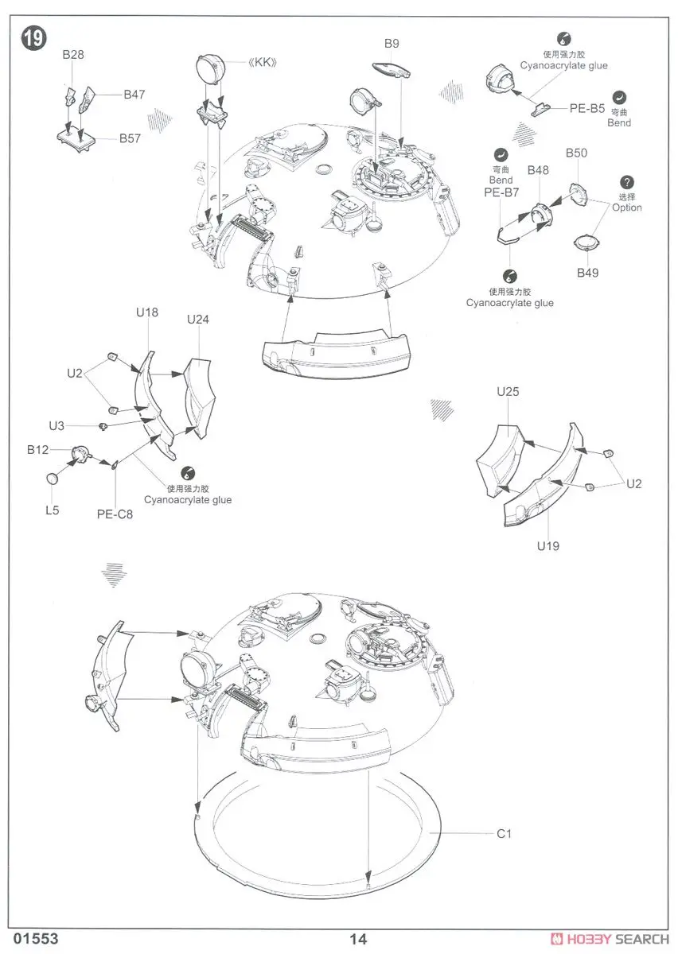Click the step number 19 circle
point(34,39)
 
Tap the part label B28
point(73,55)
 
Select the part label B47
point(134,94)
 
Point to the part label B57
point(131,138)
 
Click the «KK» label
point(269,63)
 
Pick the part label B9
point(392,44)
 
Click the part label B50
point(576,153)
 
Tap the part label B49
point(588,273)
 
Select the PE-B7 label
point(501,192)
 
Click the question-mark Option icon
point(628,183)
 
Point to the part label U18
point(147,312)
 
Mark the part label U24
point(198,320)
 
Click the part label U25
point(508,391)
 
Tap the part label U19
point(548,545)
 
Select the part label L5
point(53,510)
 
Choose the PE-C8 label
point(115,514)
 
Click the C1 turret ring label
point(504,833)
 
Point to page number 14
point(358,938)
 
